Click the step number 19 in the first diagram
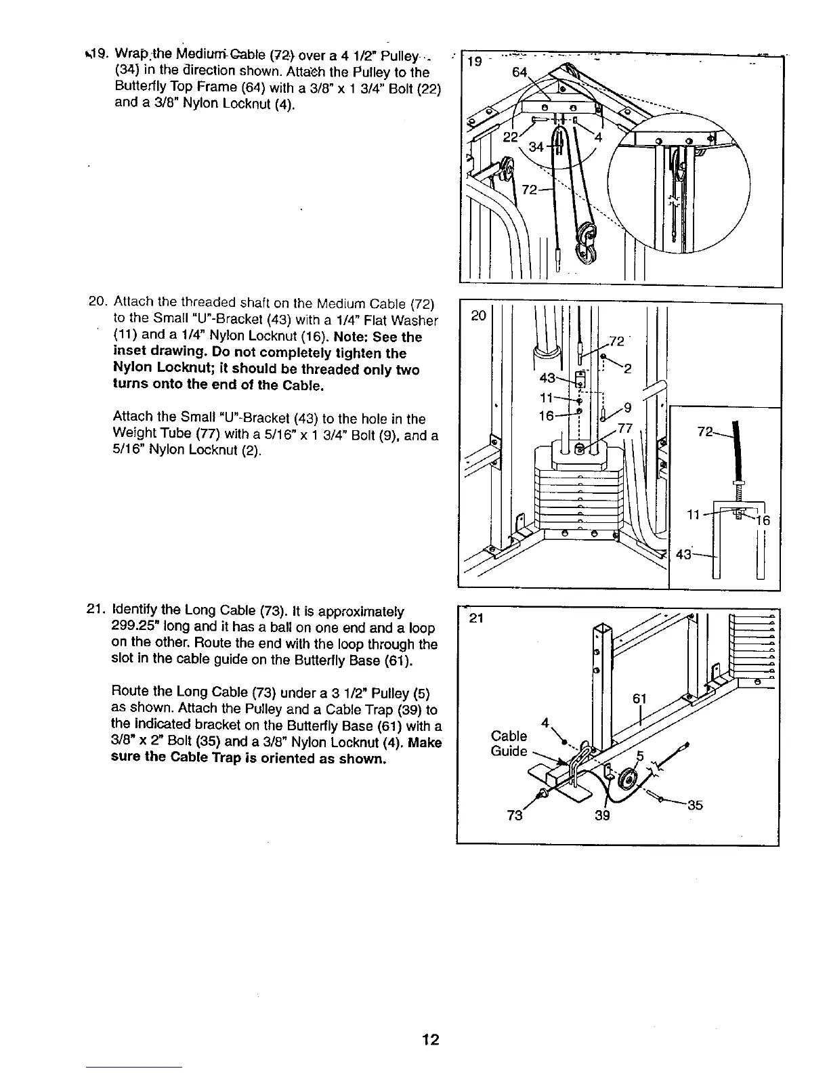click(474, 62)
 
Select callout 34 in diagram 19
click(536, 146)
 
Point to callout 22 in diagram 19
click(510, 136)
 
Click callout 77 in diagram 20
click(624, 427)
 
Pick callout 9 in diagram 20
click(627, 408)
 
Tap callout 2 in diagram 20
click(627, 369)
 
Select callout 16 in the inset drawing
click(763, 520)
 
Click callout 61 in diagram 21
click(640, 698)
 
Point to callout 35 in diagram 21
click(695, 805)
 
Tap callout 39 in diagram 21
click(602, 816)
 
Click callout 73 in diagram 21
click(515, 816)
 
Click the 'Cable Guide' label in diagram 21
click(509, 743)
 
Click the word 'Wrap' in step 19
click(129, 53)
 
